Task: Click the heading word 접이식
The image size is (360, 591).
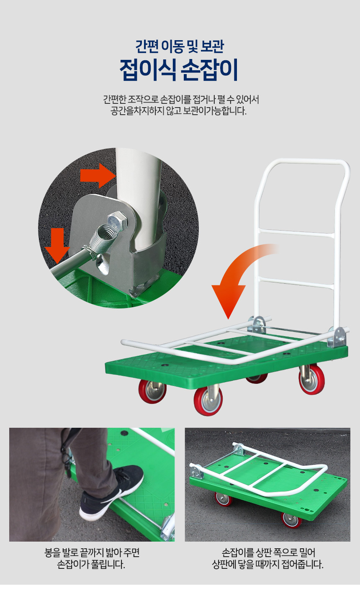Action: (x=148, y=69)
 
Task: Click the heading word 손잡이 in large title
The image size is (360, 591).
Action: (x=210, y=69)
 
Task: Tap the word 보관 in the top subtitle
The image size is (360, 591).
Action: (x=212, y=46)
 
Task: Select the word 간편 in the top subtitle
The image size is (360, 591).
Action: (x=147, y=46)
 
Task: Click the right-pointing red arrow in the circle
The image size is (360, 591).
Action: (x=98, y=175)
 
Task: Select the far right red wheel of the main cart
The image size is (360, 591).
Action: (x=312, y=380)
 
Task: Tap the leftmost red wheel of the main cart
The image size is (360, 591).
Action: (x=152, y=391)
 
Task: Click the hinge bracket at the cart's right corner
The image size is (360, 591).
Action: (x=337, y=337)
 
